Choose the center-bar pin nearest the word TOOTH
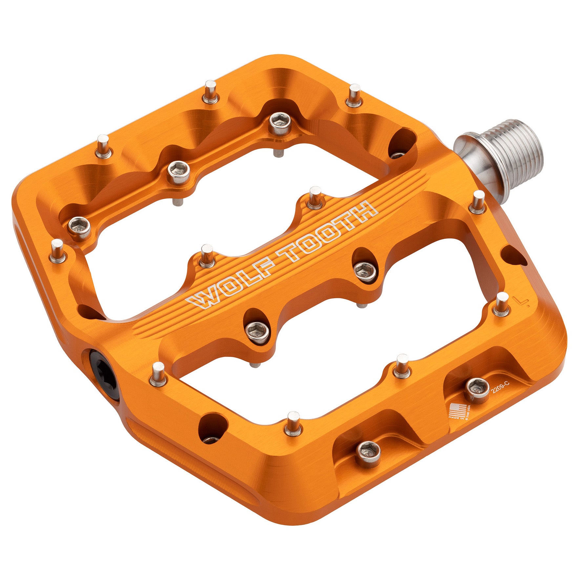click(x=315, y=197)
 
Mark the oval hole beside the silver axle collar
click(x=402, y=144)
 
